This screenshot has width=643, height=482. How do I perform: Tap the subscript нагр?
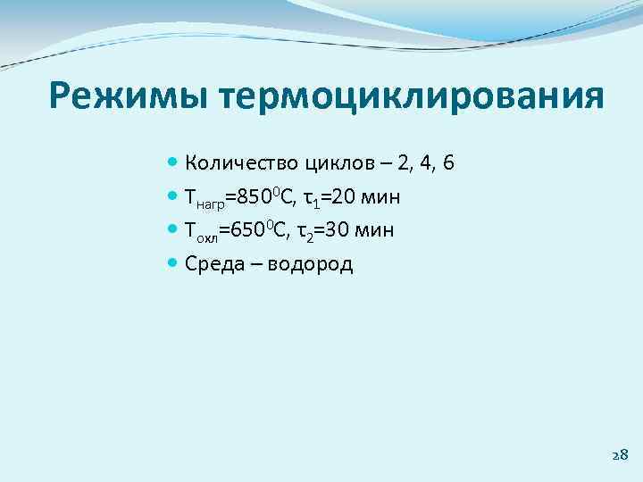click(210, 203)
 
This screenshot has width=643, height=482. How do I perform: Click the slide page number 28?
click(620, 454)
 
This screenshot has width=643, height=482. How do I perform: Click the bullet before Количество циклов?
click(172, 163)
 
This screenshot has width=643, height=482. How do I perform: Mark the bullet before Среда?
click(172, 263)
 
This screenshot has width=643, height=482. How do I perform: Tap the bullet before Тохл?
click(172, 230)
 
